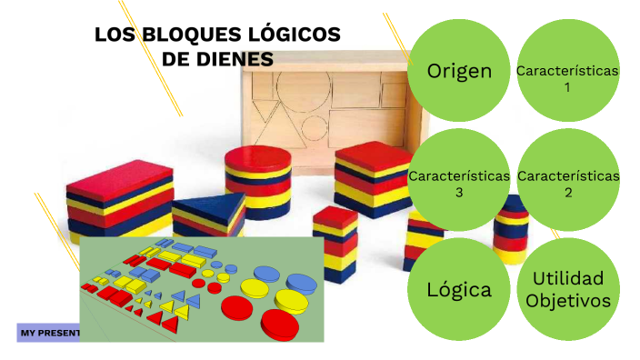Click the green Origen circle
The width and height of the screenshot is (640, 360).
pyautogui.click(x=459, y=71)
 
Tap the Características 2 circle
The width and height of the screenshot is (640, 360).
pyautogui.click(x=567, y=182)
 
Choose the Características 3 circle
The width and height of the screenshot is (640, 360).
pyautogui.click(x=459, y=182)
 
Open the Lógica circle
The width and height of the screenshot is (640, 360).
pyautogui.click(x=459, y=290)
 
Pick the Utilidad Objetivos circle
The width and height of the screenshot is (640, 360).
pyautogui.click(x=567, y=290)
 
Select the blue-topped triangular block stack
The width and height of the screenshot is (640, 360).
pyautogui.click(x=210, y=215)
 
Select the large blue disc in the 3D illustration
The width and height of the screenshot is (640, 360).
pyautogui.click(x=272, y=273)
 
